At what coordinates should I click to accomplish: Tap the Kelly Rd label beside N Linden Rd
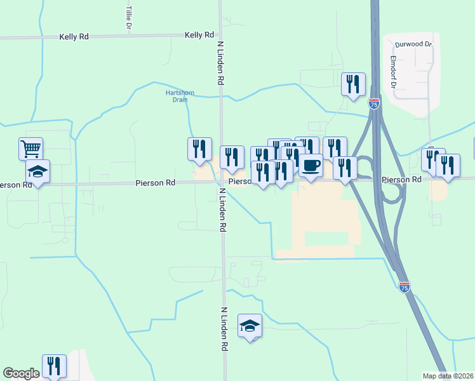point(199,35)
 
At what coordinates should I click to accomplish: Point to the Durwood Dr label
point(413,44)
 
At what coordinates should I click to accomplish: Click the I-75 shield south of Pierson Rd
point(405,287)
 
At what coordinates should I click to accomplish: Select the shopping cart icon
point(30,149)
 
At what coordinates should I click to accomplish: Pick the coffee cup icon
point(311,165)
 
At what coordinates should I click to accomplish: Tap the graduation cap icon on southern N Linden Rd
point(250,326)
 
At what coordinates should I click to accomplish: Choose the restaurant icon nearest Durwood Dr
point(353,84)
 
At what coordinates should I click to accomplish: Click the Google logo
point(21,373)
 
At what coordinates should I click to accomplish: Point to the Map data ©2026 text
point(448,376)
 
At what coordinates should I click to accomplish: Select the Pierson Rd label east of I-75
point(402,180)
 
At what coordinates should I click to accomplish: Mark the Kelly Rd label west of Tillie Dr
point(74,37)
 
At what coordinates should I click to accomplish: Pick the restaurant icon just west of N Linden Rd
point(199,149)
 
